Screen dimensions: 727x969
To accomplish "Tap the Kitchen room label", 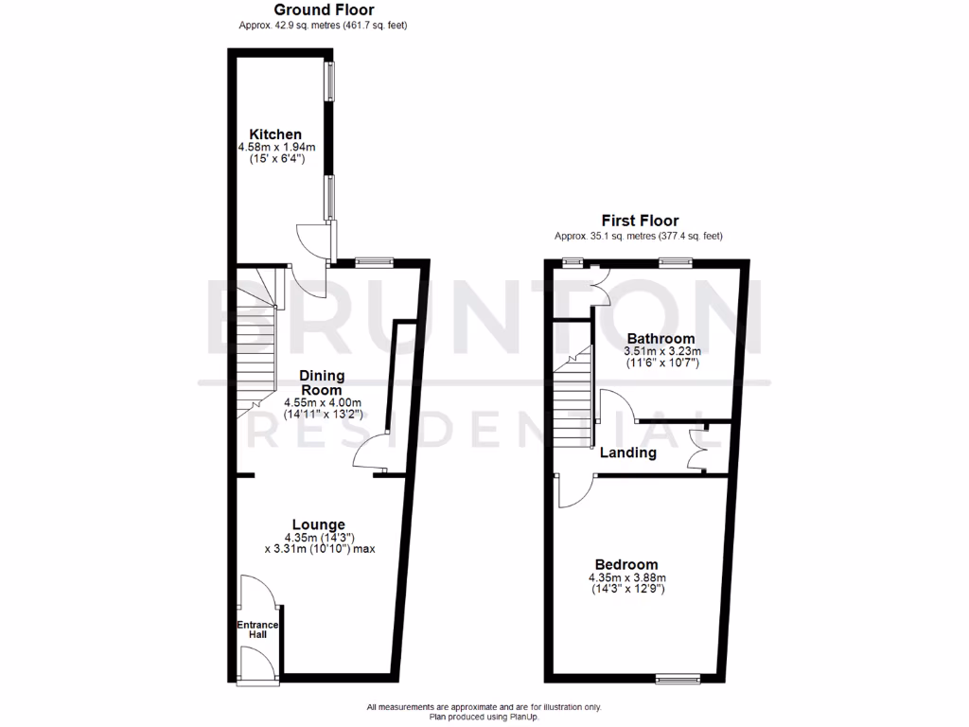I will click(x=275, y=134).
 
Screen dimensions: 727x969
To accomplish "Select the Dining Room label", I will click(x=322, y=381).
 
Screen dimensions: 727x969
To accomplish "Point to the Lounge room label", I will click(x=318, y=524).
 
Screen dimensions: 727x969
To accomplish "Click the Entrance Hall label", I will click(x=257, y=629).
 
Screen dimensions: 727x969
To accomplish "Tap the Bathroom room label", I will click(x=661, y=338).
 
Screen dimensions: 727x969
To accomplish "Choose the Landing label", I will click(x=627, y=452).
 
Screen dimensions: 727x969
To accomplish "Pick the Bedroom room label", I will click(x=627, y=565).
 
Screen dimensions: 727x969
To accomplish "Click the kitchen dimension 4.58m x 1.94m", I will click(x=275, y=148).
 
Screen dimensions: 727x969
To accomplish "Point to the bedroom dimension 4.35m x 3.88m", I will click(x=627, y=578).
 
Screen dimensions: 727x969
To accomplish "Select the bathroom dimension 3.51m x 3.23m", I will click(x=661, y=351).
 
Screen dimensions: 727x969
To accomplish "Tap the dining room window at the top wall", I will click(x=375, y=262).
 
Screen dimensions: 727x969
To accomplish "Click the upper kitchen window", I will click(x=330, y=82).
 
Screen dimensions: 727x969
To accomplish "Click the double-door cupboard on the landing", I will click(x=699, y=448).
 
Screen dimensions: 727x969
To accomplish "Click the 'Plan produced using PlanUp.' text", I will click(x=484, y=717).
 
